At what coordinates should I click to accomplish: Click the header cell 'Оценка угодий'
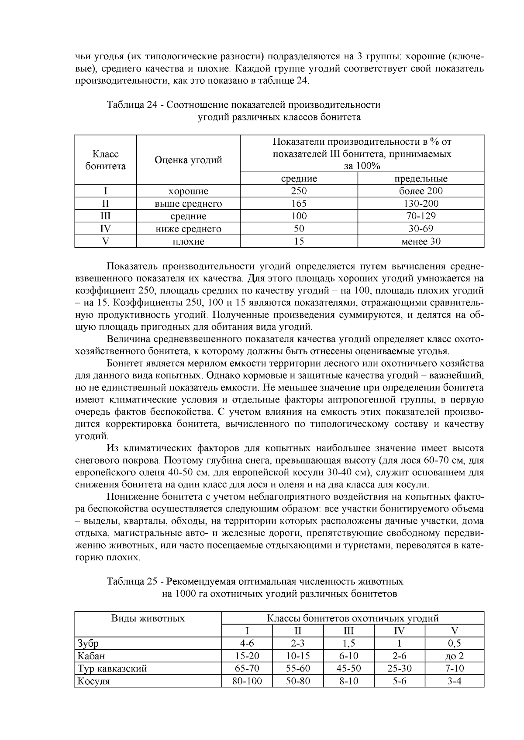pyautogui.click(x=188, y=160)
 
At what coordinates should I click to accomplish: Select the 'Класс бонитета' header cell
pyautogui.click(x=105, y=160)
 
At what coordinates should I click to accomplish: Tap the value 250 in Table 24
pyautogui.click(x=299, y=191)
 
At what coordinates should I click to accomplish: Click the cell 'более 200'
pyautogui.click(x=421, y=191)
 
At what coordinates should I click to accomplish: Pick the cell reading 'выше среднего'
pyautogui.click(x=188, y=204)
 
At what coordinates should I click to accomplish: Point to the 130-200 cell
pyautogui.click(x=421, y=203)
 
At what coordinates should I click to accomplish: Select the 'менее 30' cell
pyautogui.click(x=421, y=241)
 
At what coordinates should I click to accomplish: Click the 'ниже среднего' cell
pyautogui.click(x=188, y=228)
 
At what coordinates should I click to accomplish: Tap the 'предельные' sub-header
pyautogui.click(x=421, y=178)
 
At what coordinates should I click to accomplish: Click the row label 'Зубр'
pyautogui.click(x=88, y=643)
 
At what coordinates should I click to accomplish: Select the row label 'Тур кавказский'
pyautogui.click(x=112, y=668)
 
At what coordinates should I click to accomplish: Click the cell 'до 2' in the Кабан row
pyautogui.click(x=454, y=656)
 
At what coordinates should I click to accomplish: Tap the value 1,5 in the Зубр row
pyautogui.click(x=348, y=643)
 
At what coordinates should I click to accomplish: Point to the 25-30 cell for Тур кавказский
pyautogui.click(x=399, y=668)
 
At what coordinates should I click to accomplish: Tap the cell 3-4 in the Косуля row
pyautogui.click(x=454, y=681)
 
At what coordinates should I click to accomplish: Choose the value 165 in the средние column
pyautogui.click(x=299, y=203)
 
